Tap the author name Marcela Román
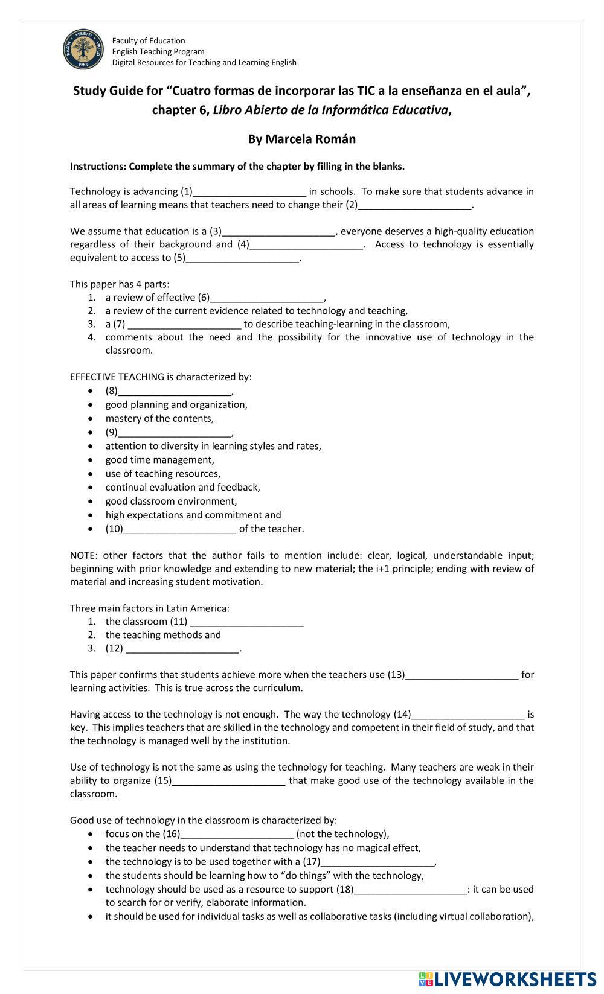point(301,139)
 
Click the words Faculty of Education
point(149,41)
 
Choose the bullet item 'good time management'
point(159,460)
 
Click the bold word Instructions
point(98,167)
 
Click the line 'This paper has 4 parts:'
point(120,284)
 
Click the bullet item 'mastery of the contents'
point(159,419)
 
